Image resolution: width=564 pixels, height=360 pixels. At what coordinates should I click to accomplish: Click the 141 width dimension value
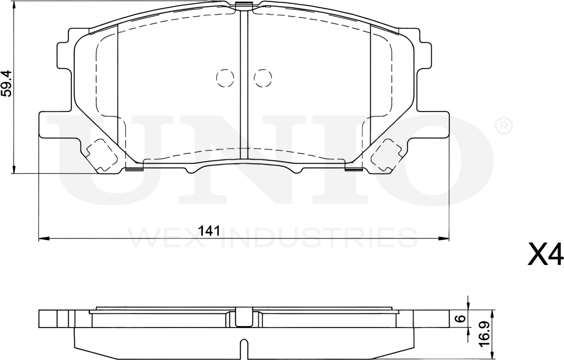pyautogui.click(x=209, y=231)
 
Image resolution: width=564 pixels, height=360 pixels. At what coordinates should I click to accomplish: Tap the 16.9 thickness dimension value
pyautogui.click(x=485, y=333)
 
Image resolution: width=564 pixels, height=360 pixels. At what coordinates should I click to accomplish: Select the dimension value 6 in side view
pyautogui.click(x=462, y=318)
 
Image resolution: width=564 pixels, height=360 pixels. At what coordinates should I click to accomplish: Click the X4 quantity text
pyautogui.click(x=545, y=255)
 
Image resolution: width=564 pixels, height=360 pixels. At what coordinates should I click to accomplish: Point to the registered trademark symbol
pyautogui.click(x=504, y=126)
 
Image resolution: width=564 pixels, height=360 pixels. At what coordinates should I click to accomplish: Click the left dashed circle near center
pyautogui.click(x=225, y=78)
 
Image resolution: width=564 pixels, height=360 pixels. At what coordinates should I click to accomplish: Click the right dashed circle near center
pyautogui.click(x=263, y=78)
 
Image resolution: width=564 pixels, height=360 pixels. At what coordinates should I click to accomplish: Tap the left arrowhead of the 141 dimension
pyautogui.click(x=43, y=238)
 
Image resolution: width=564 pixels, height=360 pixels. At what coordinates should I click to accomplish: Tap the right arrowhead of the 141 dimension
pyautogui.click(x=444, y=238)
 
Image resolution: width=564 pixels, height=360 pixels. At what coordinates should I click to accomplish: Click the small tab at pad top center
pyautogui.click(x=244, y=6)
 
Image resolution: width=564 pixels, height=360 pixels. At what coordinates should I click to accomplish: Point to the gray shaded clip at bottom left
pyautogui.click(x=134, y=169)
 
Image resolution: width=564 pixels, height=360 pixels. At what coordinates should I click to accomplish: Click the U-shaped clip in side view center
pyautogui.click(x=244, y=317)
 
